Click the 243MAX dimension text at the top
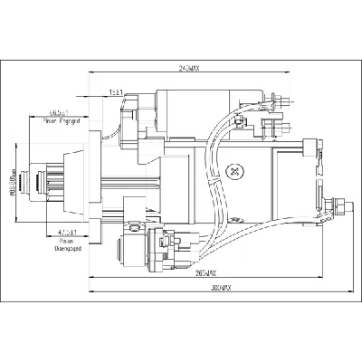(x=188, y=71)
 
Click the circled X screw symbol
(x=236, y=169)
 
